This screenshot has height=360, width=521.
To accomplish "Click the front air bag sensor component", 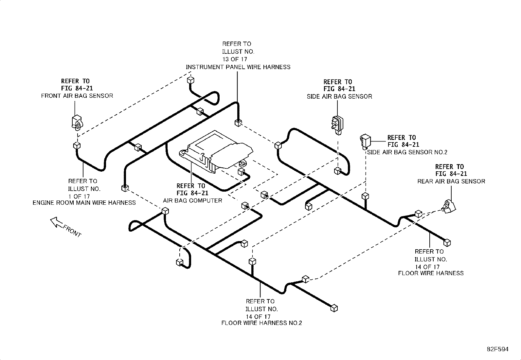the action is click(77, 122).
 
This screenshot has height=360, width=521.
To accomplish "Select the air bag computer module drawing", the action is click(216, 152).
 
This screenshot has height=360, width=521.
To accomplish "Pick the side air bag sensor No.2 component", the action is click(365, 141).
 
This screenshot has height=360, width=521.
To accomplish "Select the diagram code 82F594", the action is click(497, 349).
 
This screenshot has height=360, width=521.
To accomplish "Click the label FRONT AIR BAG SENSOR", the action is click(77, 96).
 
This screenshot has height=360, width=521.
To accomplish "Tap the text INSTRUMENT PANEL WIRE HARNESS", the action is click(238, 67).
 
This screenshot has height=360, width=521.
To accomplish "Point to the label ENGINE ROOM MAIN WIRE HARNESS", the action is click(84, 202).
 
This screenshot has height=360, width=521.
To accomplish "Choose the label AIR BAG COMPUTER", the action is click(192, 200).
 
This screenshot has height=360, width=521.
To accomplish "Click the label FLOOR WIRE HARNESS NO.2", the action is click(261, 323).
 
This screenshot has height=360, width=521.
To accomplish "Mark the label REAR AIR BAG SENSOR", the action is click(451, 181).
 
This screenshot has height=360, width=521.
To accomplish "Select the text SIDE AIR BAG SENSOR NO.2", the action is click(407, 152).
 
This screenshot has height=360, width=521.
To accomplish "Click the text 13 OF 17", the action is click(234, 59).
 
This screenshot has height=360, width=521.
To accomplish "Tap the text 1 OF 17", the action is click(79, 196).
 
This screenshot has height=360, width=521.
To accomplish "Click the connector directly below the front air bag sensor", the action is click(77, 145).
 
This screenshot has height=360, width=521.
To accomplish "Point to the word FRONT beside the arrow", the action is click(72, 231).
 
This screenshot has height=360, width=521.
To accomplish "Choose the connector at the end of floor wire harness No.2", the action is click(334, 308).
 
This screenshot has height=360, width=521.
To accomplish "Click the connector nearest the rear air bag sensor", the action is click(419, 214).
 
